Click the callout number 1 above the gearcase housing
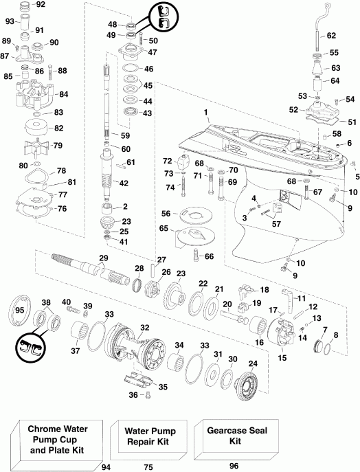click(x=205, y=112)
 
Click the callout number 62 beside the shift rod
click(x=331, y=35)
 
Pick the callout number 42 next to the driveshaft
click(x=123, y=183)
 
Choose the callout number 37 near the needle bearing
click(x=76, y=350)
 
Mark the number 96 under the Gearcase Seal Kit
click(x=234, y=467)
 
